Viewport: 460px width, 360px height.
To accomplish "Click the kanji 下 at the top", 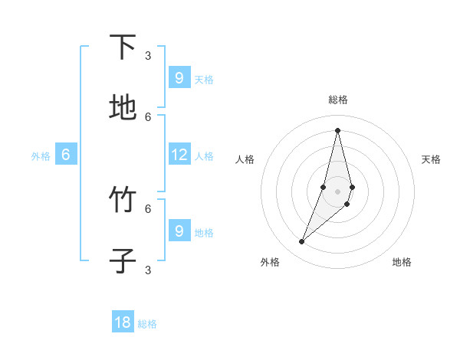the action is pyautogui.click(x=123, y=47).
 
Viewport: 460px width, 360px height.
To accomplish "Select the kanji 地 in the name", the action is pyautogui.click(x=123, y=108).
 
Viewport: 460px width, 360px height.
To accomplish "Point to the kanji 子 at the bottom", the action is pyautogui.click(x=123, y=261).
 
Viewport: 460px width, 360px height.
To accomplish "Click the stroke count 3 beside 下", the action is pyautogui.click(x=148, y=55).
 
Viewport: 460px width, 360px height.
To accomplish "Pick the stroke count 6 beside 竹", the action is pyautogui.click(x=148, y=208).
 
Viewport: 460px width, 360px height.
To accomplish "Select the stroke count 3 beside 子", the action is pyautogui.click(x=148, y=270).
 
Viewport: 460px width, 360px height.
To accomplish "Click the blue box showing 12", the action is pyautogui.click(x=179, y=155).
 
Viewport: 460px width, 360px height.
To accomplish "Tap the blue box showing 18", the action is pyautogui.click(x=123, y=322).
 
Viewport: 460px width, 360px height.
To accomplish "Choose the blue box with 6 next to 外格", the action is pyautogui.click(x=66, y=155).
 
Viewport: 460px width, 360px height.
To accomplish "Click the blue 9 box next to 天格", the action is pyautogui.click(x=179, y=77).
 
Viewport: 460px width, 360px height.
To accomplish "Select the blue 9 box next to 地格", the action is pyautogui.click(x=179, y=231).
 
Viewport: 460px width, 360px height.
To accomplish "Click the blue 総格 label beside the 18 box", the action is pyautogui.click(x=147, y=324).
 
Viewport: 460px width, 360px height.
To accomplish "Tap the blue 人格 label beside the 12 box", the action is pyautogui.click(x=204, y=156).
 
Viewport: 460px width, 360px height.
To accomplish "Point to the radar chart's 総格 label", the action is pyautogui.click(x=338, y=100).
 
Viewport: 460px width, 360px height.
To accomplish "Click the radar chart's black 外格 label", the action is pyautogui.click(x=270, y=262).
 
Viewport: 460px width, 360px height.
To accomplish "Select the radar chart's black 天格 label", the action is pyautogui.click(x=431, y=159).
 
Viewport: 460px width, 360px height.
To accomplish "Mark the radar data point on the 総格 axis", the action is pyautogui.click(x=337, y=130).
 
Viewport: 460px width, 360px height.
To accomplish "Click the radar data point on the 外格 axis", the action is pyautogui.click(x=302, y=242).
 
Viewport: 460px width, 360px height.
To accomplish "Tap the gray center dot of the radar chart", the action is pyautogui.click(x=337, y=191).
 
